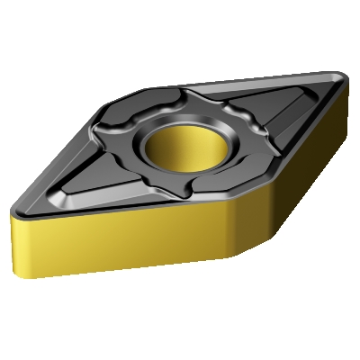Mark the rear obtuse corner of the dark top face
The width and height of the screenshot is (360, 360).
(x=144, y=88)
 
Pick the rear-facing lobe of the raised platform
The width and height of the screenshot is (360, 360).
(x=166, y=99)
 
